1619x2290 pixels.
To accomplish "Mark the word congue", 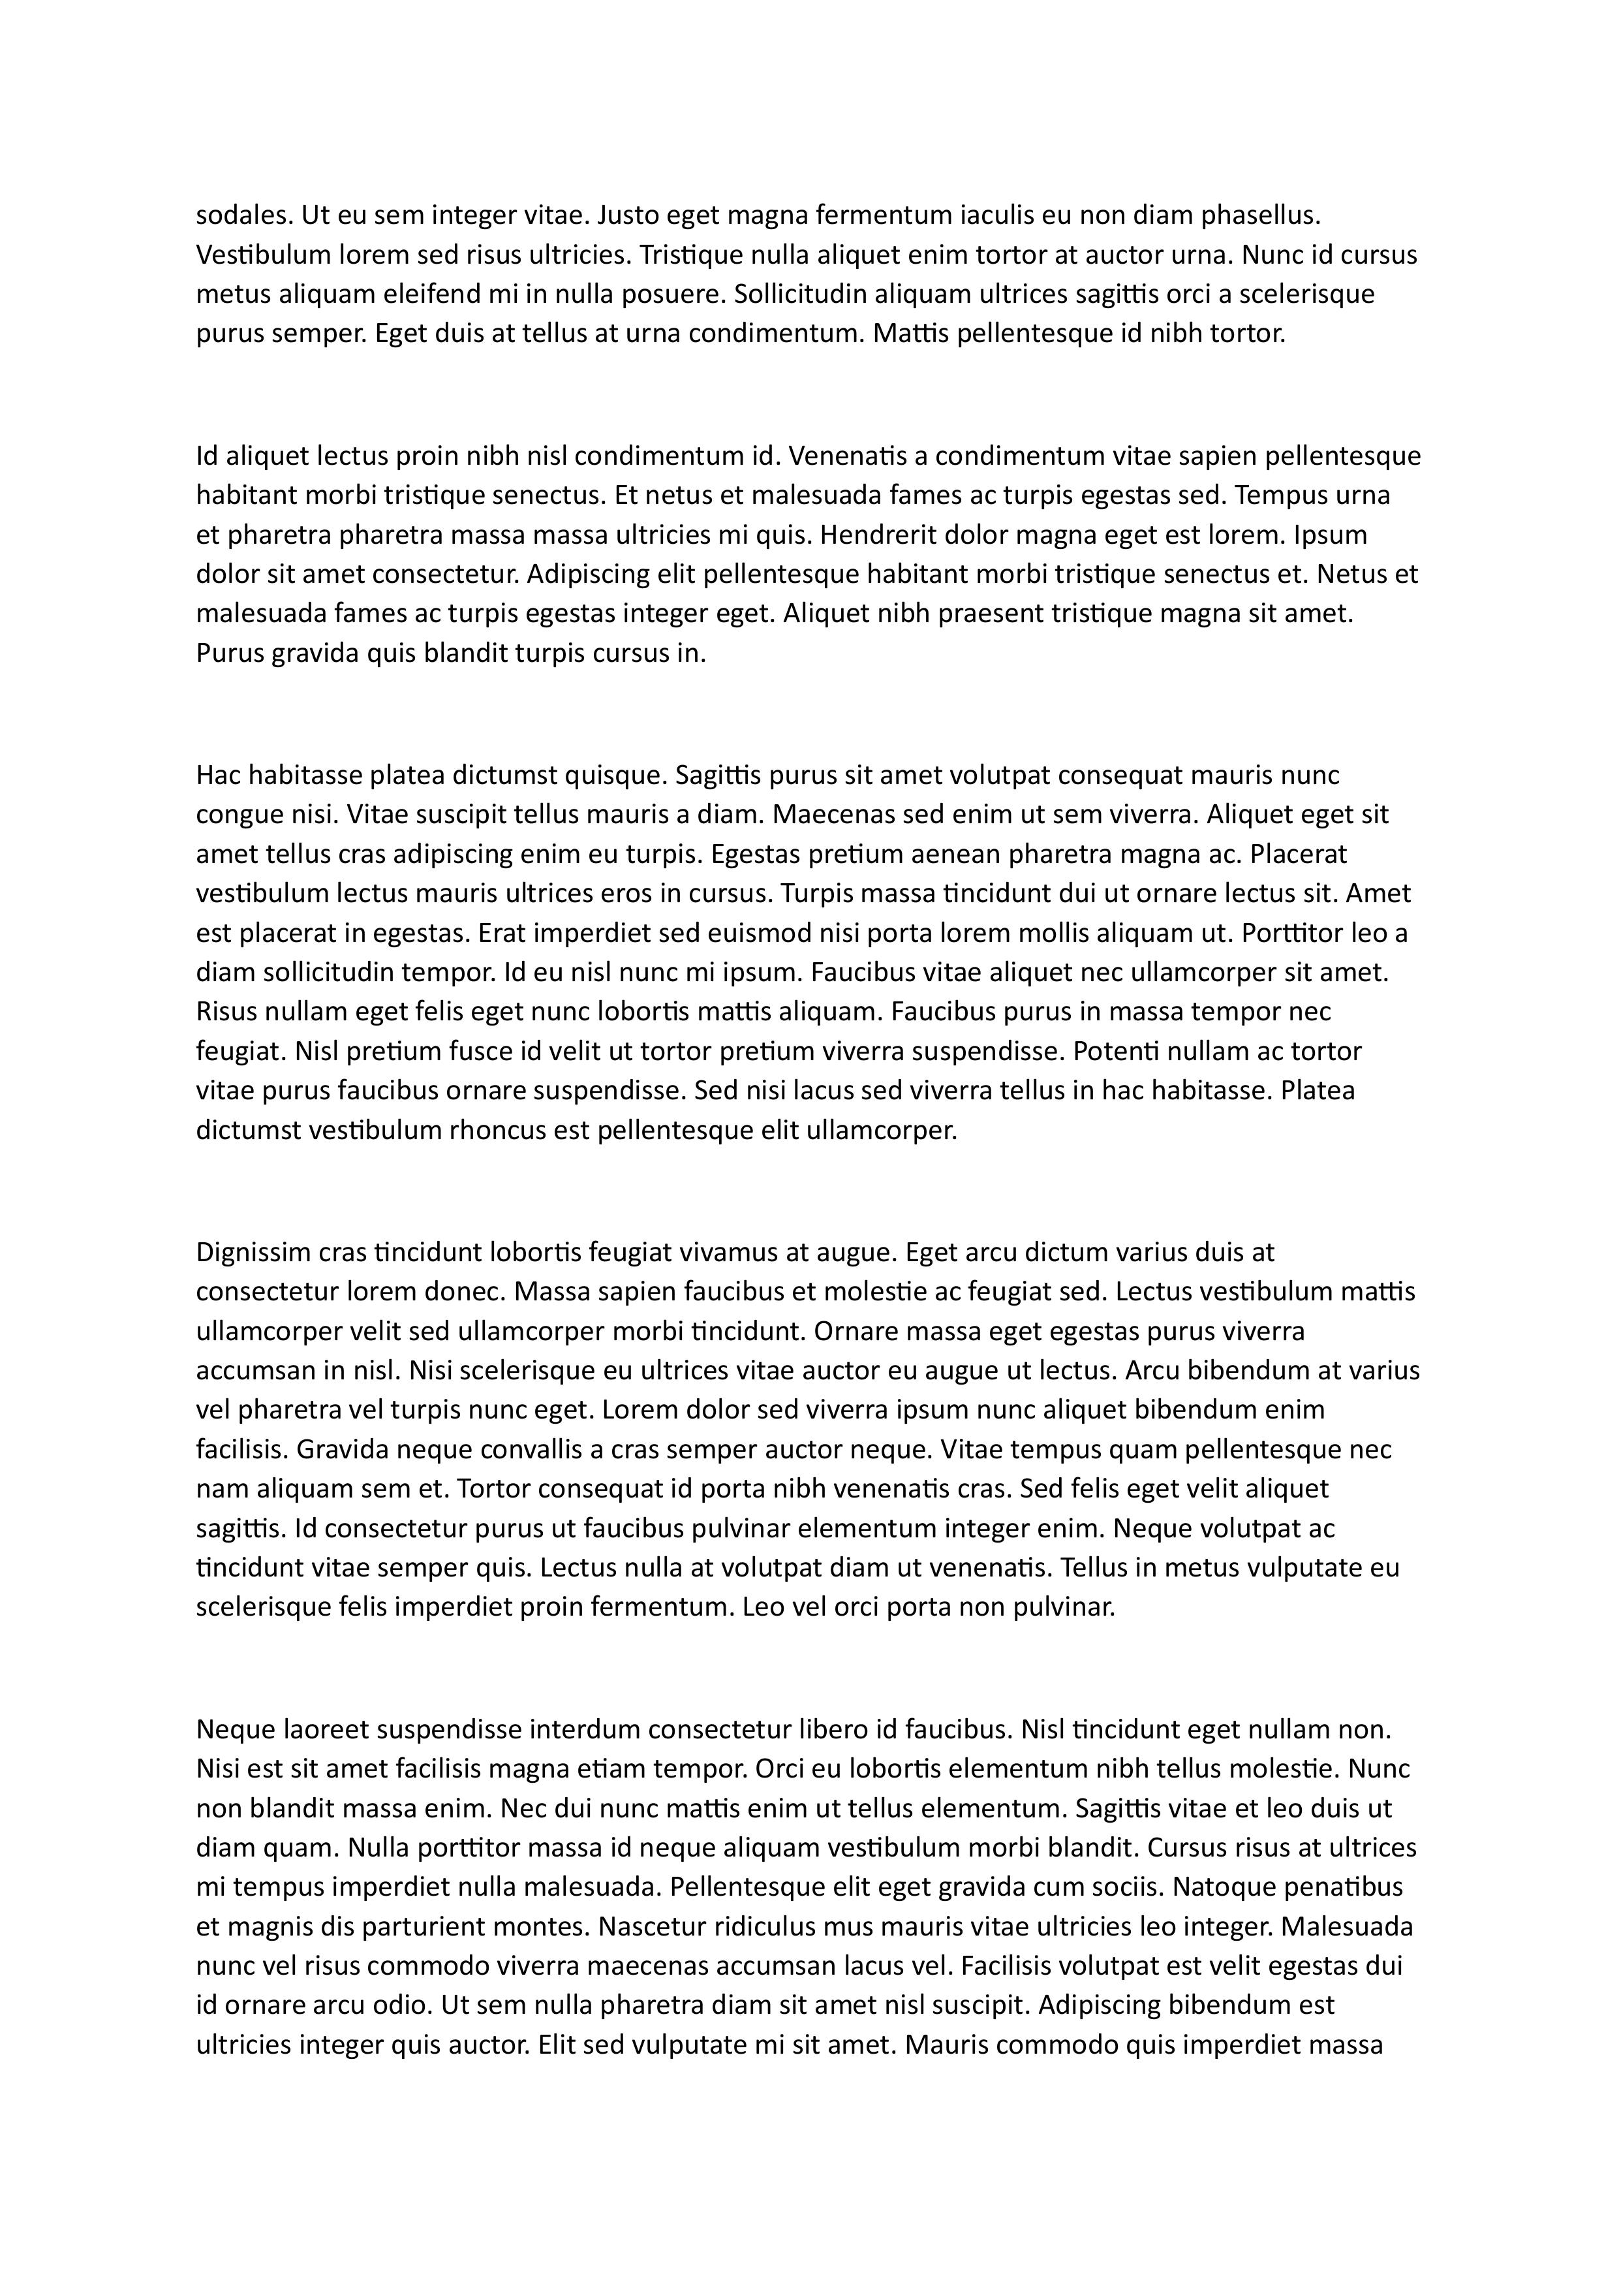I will [x=238, y=815].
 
